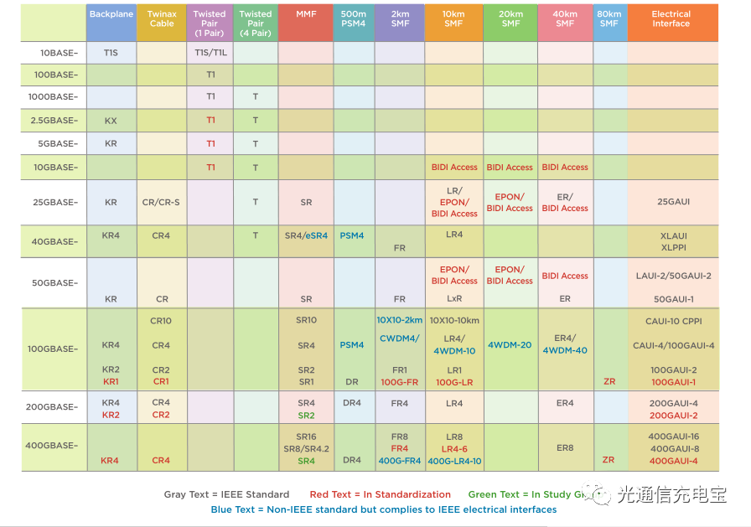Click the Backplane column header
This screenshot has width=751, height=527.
coord(111,15)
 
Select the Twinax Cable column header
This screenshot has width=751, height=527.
coord(162,19)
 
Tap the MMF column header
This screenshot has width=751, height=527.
coord(306,15)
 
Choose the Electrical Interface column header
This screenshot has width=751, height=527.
coord(671,19)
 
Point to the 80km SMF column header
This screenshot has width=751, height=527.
coord(609,19)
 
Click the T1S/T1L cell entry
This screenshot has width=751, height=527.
coord(210,52)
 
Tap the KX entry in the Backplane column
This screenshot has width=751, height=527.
coord(111,121)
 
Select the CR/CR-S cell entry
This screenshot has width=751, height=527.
coord(161,203)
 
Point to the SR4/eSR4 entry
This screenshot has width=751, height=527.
coord(306,236)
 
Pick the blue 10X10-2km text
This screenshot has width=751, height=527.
coord(399,321)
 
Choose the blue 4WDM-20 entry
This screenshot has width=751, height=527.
coord(510,345)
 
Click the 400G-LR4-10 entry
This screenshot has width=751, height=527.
coord(454,461)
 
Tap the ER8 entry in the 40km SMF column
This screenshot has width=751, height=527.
coord(565,448)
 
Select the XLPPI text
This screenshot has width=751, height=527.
coord(673,248)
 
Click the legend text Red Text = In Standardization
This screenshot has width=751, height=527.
coord(380,494)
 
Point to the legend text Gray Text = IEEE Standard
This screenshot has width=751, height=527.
coord(226,494)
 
